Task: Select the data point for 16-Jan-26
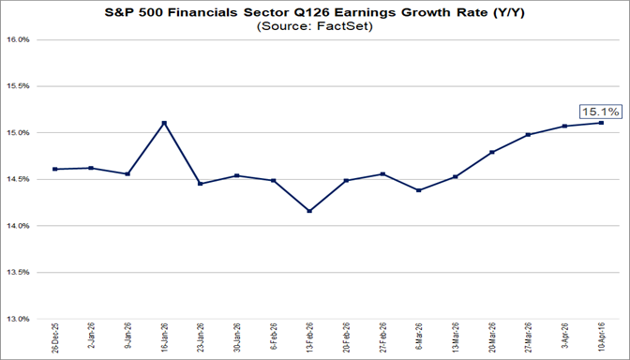(164, 123)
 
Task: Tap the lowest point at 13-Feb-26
(309, 211)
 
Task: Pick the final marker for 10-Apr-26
(601, 122)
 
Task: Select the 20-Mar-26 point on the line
(492, 152)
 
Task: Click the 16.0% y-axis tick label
(20, 40)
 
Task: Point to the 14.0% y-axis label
(20, 226)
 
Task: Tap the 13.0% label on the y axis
(20, 319)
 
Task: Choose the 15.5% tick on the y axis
(20, 86)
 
